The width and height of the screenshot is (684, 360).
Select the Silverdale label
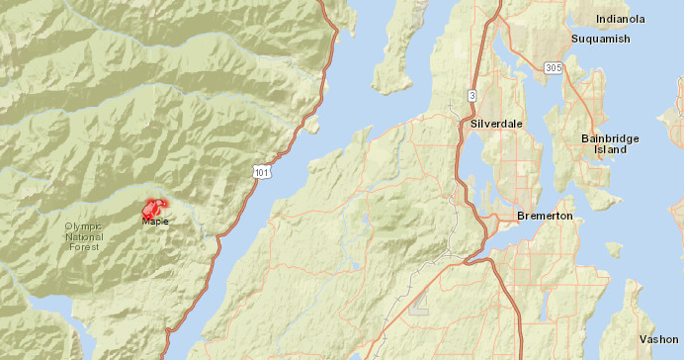[x=496, y=124]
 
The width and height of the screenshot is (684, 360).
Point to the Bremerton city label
[x=545, y=216]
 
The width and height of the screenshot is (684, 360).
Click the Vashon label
[x=658, y=338]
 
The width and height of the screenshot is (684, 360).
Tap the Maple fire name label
[x=155, y=222]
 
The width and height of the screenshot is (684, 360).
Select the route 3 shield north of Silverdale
[x=471, y=95]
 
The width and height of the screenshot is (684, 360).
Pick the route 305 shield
[x=555, y=67]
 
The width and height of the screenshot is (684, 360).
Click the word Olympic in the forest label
[x=84, y=226]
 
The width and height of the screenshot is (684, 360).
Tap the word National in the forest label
[x=84, y=237]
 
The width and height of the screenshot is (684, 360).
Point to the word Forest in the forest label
[x=84, y=248]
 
